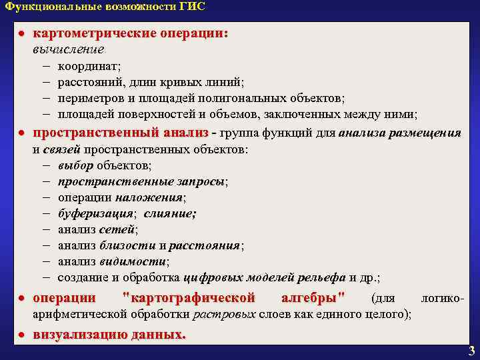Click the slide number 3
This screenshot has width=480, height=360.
(471, 351)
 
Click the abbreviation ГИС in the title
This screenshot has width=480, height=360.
(191, 7)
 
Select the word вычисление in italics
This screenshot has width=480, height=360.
(68, 49)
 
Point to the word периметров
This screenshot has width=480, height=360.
(89, 99)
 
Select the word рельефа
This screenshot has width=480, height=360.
(323, 277)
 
